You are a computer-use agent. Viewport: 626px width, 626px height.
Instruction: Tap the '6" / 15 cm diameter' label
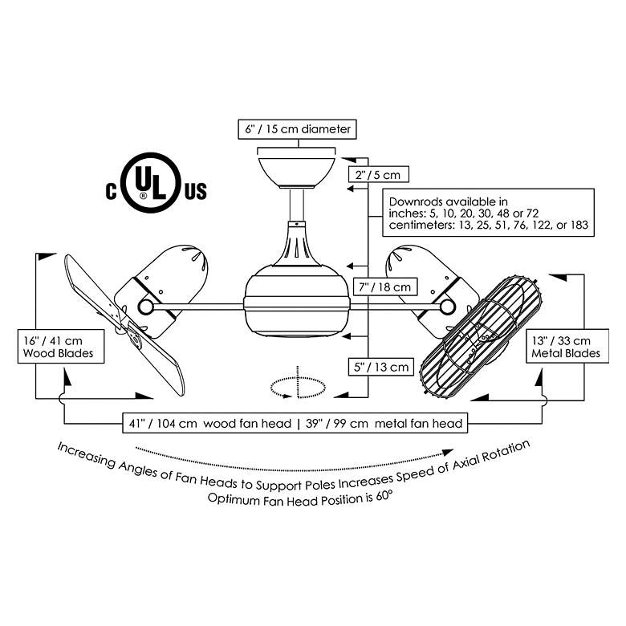pos(298,129)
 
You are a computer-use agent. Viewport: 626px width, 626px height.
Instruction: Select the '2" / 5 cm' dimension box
pos(378,174)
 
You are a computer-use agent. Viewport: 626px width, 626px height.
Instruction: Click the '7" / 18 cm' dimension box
pos(385,287)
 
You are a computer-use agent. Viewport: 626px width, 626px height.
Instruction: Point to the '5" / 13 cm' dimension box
pos(381,367)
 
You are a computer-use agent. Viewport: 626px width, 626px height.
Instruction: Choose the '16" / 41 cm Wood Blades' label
pos(61,347)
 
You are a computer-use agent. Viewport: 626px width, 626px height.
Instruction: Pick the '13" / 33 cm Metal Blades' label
pos(567,346)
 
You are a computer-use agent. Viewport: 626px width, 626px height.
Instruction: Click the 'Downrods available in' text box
pos(488,213)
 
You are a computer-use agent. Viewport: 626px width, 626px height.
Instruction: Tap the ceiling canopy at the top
pos(297,173)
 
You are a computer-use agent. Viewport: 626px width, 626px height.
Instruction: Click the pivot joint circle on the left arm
pos(145,307)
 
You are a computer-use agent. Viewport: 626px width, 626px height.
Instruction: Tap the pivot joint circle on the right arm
pos(448,307)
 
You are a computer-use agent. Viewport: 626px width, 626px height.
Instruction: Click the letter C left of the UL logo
pos(112,191)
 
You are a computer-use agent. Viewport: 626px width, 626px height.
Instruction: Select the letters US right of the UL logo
pos(196,191)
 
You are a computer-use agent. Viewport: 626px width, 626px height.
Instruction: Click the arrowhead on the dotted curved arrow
pos(448,453)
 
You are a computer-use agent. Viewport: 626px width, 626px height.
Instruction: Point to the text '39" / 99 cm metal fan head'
pos(384,423)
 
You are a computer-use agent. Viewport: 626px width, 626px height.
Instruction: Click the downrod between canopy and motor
pos(297,205)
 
